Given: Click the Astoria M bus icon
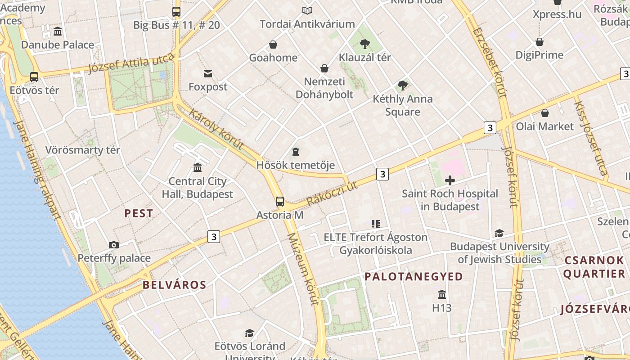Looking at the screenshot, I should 280,201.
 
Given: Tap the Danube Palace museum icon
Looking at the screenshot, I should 58,31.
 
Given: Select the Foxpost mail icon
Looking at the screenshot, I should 208,73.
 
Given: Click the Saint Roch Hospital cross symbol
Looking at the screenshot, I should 450,180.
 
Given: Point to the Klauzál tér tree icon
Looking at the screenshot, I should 364,44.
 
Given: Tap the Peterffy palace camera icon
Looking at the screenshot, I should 114,245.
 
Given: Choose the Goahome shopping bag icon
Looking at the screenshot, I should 273,44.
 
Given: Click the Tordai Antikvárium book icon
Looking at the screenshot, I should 307,10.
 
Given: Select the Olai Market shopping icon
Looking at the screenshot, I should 545,112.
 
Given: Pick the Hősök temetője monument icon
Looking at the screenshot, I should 296,151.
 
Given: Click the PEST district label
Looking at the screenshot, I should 139,213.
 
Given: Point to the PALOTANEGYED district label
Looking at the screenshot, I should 414,276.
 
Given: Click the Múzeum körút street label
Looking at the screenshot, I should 302,269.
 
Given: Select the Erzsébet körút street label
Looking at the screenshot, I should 490,63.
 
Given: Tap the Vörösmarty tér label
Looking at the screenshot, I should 83,150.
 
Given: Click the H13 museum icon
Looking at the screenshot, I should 442,294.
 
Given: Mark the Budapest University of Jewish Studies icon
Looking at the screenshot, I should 499,233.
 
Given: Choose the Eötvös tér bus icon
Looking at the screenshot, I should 34,76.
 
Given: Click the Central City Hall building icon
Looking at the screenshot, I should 198,168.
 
